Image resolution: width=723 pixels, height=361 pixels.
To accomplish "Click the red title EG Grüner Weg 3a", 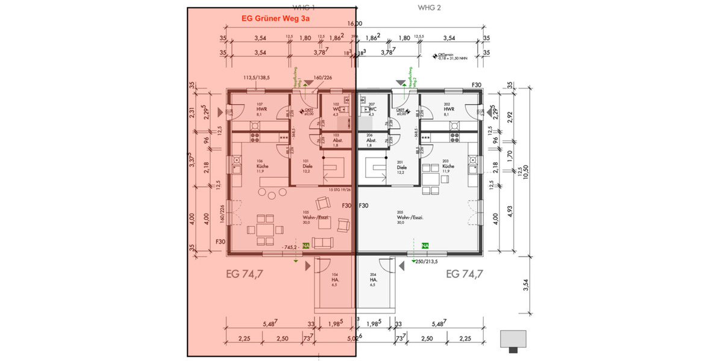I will pyautogui.click(x=275, y=19).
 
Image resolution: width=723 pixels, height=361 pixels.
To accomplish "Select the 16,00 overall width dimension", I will pyautogui.click(x=355, y=24).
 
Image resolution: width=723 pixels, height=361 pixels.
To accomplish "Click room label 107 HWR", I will pyautogui.click(x=261, y=108).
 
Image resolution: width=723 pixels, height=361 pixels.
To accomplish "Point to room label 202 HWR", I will pyautogui.click(x=447, y=108).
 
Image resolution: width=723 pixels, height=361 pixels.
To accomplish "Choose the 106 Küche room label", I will pyautogui.click(x=261, y=166).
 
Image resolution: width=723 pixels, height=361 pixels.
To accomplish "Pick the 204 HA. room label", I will pyautogui.click(x=373, y=279).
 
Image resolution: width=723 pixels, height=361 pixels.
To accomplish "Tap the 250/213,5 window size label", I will pyautogui.click(x=427, y=261).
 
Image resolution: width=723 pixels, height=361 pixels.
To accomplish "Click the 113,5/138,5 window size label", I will pyautogui.click(x=256, y=78).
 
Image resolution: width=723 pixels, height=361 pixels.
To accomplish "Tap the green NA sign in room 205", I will pyautogui.click(x=425, y=245).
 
